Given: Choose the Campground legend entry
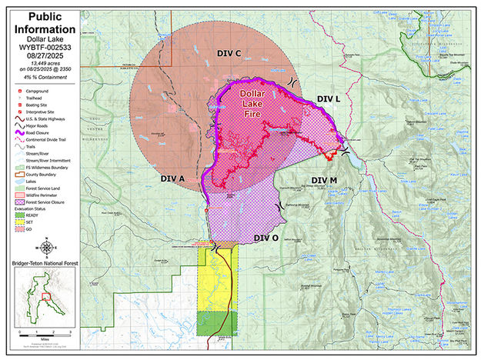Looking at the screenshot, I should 34,91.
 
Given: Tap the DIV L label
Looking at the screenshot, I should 328,99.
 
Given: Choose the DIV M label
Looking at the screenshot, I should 323,180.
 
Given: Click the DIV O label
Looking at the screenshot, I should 266,238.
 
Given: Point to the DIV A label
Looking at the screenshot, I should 172,178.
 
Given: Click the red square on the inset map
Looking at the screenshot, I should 45,294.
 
